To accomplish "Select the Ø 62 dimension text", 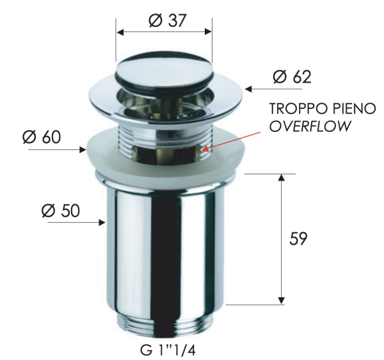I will (291, 77).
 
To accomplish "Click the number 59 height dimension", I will (298, 238).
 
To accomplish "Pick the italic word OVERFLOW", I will (310, 126).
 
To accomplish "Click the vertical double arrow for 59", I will (280, 238).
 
